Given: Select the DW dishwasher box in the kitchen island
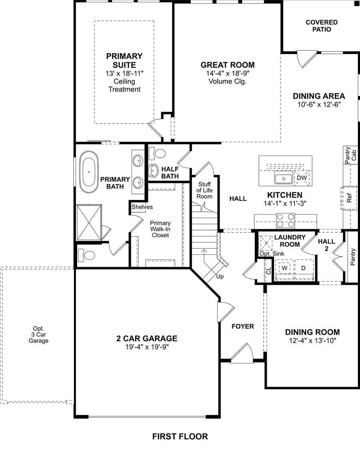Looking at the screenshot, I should (302, 178).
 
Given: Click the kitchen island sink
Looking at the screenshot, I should (284, 178).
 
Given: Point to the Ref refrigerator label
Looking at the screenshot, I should (349, 198).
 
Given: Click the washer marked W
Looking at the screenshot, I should (285, 267).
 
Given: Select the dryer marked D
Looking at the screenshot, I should (303, 267).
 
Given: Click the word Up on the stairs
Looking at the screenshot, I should (220, 276).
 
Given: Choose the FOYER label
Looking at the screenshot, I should (243, 326).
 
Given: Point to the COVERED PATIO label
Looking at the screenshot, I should (322, 26).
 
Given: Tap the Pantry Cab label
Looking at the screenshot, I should (347, 155).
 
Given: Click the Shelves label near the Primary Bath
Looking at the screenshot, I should (142, 207).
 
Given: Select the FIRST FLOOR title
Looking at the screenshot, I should (180, 436).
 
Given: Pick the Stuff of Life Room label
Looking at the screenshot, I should (204, 190).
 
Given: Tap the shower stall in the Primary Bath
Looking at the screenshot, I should (89, 222).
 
